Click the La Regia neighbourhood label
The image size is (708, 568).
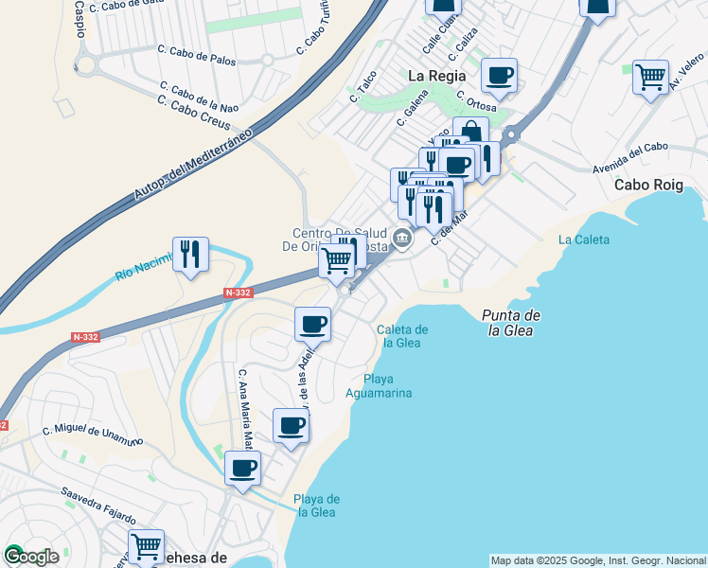coord(436,75)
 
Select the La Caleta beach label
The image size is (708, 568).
coord(584,240)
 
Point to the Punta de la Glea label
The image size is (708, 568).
coord(510,323)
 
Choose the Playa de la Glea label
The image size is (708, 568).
coord(316,506)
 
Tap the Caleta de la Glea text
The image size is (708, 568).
coord(403,336)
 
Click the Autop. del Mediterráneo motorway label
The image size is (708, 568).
coord(194,162)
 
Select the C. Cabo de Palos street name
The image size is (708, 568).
coord(197,55)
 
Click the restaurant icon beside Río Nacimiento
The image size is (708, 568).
coord(190,254)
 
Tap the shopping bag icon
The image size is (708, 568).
coord(470,133)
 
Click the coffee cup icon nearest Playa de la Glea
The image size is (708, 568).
coord(243,468)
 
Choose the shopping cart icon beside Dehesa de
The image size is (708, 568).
coord(146,546)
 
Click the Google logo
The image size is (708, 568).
coord(31,556)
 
